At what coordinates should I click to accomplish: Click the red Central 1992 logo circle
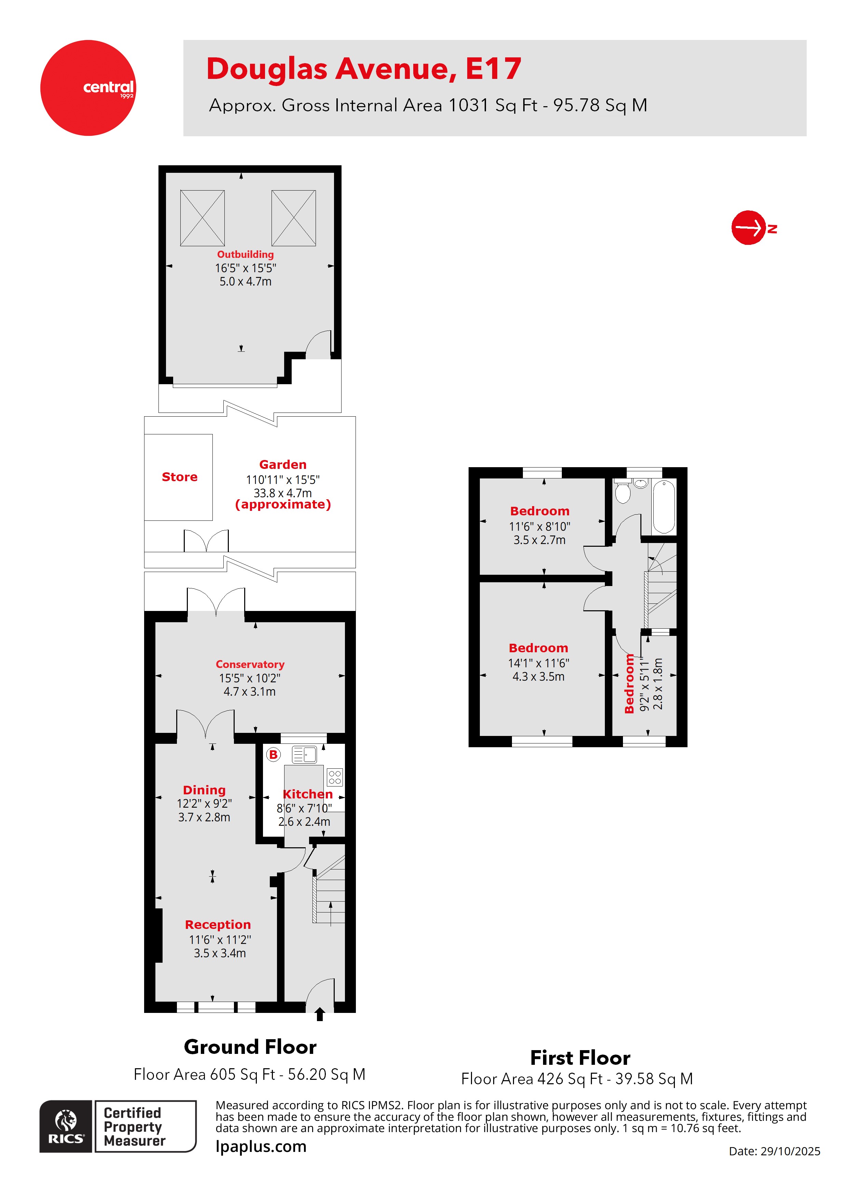point(88,88)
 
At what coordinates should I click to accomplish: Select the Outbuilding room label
point(245,255)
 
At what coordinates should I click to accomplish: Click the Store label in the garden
point(180,477)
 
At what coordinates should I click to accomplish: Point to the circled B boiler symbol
point(273,754)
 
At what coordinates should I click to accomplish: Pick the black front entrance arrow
point(320,1014)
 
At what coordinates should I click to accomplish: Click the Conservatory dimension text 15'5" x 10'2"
point(249,678)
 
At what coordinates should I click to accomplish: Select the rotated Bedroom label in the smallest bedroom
point(629,684)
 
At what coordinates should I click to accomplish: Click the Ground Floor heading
point(250,1047)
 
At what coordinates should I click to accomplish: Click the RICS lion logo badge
point(66,1127)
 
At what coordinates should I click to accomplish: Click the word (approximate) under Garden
point(283,504)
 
